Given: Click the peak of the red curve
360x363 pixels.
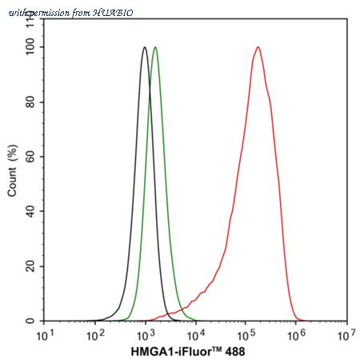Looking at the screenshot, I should (x=258, y=47).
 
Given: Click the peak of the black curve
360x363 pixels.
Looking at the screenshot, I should (x=144, y=48).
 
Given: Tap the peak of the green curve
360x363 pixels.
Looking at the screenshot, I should (x=155, y=48).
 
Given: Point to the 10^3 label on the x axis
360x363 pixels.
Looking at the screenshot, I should (x=146, y=333).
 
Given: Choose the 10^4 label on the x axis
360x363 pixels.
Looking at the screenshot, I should (x=196, y=333).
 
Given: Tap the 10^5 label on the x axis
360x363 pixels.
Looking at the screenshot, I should (x=246, y=333).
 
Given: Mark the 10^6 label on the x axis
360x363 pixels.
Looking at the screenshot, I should (x=296, y=333).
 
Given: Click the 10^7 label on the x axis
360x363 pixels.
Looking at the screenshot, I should (x=346, y=333).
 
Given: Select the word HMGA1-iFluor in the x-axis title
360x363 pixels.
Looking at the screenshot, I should (x=172, y=352).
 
